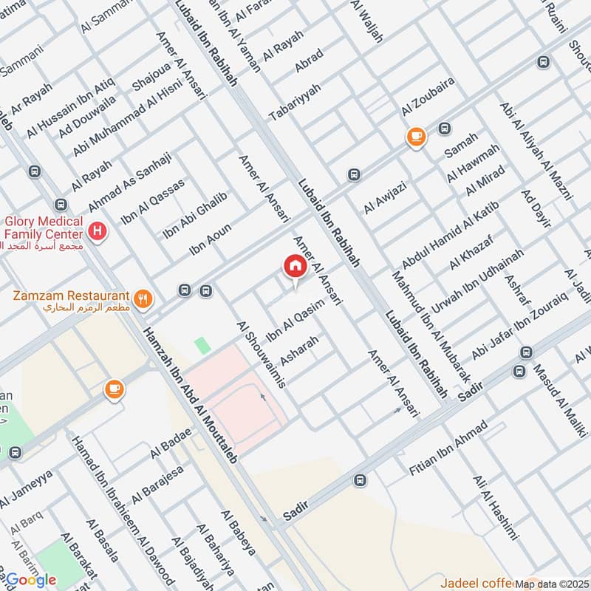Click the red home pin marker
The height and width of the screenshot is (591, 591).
pos(294,268)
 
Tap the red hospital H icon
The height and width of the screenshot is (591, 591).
pos(96,233)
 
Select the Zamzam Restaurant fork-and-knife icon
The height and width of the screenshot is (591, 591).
pos(143,299)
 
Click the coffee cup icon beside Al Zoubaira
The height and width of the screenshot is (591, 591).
pos(416,137)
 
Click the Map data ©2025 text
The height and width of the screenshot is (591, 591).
pos(552,584)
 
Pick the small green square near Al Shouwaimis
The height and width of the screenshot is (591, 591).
pos(202,345)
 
